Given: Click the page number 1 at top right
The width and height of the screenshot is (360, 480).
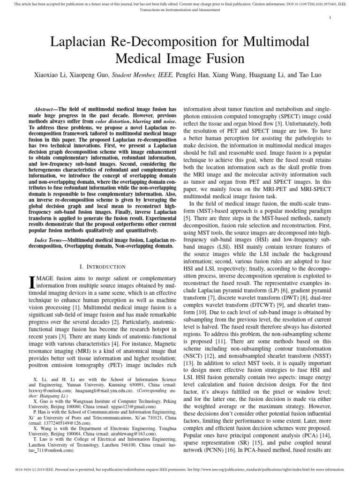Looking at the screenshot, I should pyautogui.click(x=330, y=18).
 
